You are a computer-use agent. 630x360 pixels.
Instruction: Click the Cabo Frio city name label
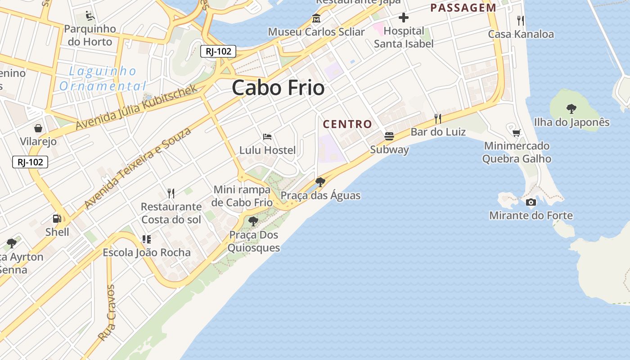278,87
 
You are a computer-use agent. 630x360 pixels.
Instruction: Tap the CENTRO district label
347,124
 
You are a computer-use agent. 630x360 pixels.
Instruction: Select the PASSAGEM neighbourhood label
463,8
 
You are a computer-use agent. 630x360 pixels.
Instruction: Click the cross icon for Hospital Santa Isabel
404,18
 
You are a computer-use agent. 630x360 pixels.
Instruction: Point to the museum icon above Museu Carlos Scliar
316,18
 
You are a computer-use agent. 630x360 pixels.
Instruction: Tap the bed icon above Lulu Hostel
267,136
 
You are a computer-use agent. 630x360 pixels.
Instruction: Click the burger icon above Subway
389,136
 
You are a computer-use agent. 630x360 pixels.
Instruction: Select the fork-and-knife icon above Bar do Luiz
437,118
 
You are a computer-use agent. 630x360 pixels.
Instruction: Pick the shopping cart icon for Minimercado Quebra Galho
517,133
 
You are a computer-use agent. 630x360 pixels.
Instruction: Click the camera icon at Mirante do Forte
531,202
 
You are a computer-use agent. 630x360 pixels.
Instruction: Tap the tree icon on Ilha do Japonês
571,108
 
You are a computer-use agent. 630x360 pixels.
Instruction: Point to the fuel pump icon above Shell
57,219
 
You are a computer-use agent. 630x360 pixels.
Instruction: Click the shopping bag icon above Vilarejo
38,128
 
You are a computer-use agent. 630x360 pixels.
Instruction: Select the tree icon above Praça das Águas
320,182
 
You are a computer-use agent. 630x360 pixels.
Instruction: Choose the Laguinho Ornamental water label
103,78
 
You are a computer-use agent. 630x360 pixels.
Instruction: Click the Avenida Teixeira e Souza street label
138,168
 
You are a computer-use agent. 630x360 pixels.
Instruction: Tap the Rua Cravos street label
107,312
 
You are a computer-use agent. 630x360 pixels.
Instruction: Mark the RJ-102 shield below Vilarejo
30,162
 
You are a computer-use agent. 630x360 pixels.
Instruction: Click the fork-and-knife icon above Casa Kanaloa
521,20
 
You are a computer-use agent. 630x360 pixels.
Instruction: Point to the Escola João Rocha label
147,252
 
